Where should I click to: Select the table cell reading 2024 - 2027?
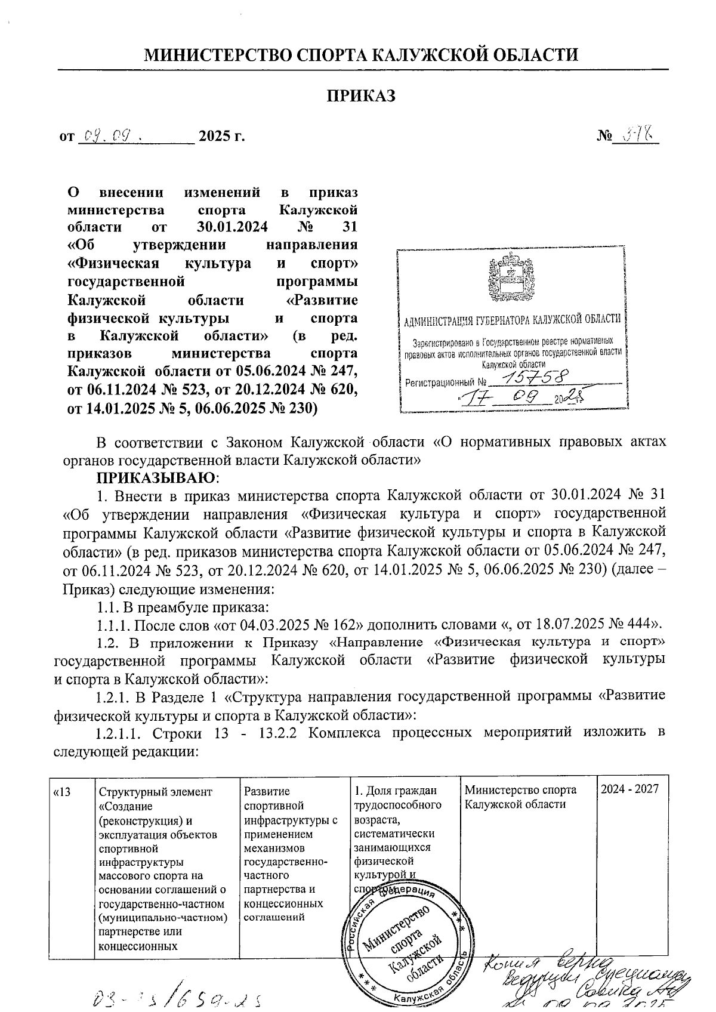(629, 789)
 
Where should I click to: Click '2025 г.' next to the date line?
(221, 137)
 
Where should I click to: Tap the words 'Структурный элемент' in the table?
(155, 792)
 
